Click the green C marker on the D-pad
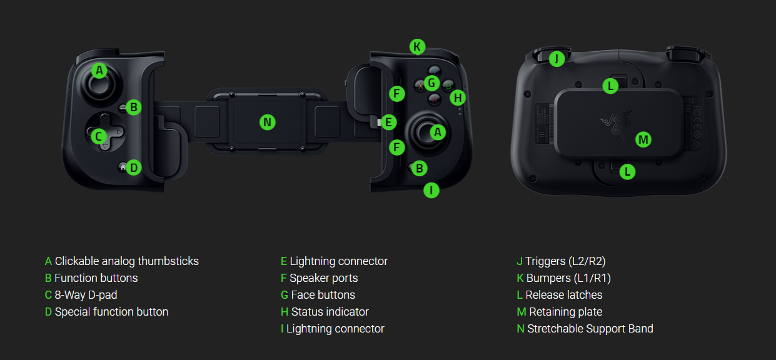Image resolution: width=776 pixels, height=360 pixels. pyautogui.click(x=98, y=136)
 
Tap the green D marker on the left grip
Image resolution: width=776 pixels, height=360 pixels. pyautogui.click(x=133, y=167)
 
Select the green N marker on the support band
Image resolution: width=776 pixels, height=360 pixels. pyautogui.click(x=267, y=122)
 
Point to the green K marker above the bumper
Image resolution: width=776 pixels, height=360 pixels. pyautogui.click(x=417, y=46)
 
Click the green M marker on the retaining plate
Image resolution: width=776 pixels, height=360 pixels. pyautogui.click(x=643, y=139)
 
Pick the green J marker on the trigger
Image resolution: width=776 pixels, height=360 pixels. pyautogui.click(x=557, y=59)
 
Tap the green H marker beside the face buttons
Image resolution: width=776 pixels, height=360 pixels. pyautogui.click(x=458, y=97)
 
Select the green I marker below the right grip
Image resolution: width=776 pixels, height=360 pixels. pyautogui.click(x=431, y=190)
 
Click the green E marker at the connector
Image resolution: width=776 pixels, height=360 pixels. pyautogui.click(x=389, y=122)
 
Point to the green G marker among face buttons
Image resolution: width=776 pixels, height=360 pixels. pyautogui.click(x=431, y=82)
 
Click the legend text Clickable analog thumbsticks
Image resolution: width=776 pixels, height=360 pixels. pyautogui.click(x=126, y=261)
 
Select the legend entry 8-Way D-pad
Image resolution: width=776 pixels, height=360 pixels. pyautogui.click(x=86, y=295)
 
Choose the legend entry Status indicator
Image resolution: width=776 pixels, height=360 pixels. pyautogui.click(x=330, y=312)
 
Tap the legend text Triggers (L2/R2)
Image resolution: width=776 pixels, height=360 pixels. pyautogui.click(x=565, y=261)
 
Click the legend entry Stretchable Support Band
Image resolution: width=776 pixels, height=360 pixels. pyautogui.click(x=590, y=329)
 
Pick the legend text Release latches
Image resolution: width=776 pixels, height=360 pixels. pyautogui.click(x=563, y=295)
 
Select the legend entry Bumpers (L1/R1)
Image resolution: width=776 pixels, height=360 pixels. pyautogui.click(x=568, y=278)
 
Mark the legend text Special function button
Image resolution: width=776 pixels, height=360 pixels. pyautogui.click(x=111, y=312)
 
